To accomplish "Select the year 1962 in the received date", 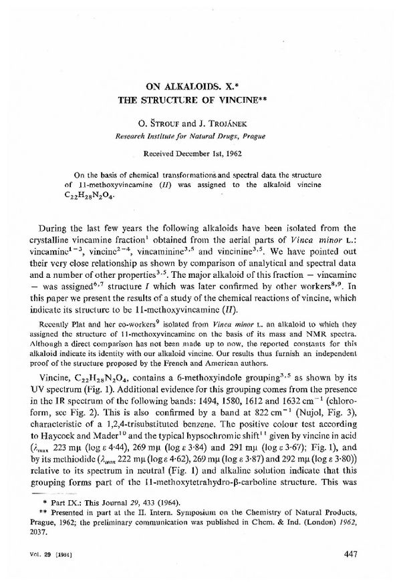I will [x=235, y=152].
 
